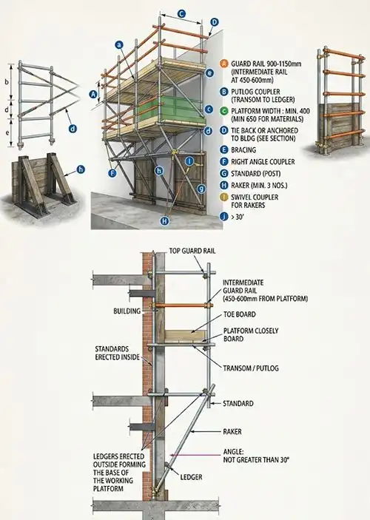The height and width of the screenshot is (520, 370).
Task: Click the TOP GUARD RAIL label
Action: [192, 251]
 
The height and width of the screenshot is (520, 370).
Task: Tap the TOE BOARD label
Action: [240, 314]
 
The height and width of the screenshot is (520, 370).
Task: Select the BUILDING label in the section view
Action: [127, 311]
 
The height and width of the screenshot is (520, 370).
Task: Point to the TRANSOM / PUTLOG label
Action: [251, 368]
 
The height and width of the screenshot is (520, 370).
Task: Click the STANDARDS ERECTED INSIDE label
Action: [117, 353]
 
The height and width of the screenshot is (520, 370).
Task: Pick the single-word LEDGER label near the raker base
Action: [191, 477]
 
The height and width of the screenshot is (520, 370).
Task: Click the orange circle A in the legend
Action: [224, 64]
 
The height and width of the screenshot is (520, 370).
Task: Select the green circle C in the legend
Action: [224, 111]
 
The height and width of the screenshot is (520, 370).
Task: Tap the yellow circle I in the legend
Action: [224, 197]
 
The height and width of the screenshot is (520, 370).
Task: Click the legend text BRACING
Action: [243, 150]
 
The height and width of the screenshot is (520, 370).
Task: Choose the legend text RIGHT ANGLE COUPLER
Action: [263, 162]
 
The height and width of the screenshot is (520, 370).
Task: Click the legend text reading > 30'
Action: [238, 217]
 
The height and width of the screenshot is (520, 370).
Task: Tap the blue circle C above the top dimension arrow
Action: [181, 14]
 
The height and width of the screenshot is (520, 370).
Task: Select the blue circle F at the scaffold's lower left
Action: [112, 173]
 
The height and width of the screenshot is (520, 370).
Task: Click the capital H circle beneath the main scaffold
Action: [164, 220]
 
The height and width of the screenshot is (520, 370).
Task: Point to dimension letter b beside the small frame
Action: [7, 82]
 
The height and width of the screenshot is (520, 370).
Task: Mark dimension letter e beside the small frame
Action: [7, 133]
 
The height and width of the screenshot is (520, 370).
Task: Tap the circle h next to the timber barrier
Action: [81, 169]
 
